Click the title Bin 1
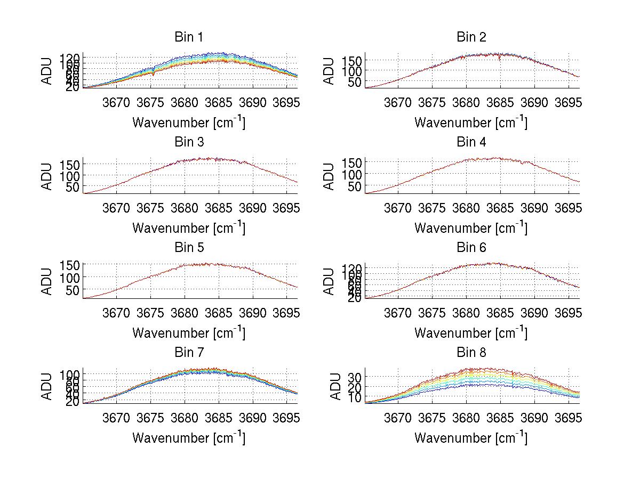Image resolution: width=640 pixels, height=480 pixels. pos(188,37)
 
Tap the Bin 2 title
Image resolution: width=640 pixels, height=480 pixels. pos(471,37)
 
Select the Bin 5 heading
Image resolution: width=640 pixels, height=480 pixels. pos(188,247)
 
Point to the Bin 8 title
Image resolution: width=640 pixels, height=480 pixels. pos(471,353)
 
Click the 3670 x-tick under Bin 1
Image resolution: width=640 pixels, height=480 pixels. pos(116,102)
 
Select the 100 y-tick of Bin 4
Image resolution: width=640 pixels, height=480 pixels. pos(354,174)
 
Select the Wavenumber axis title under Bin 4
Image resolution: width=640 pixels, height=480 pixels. pos(471,227)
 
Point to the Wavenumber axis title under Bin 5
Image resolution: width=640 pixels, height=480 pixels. pos(188,333)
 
